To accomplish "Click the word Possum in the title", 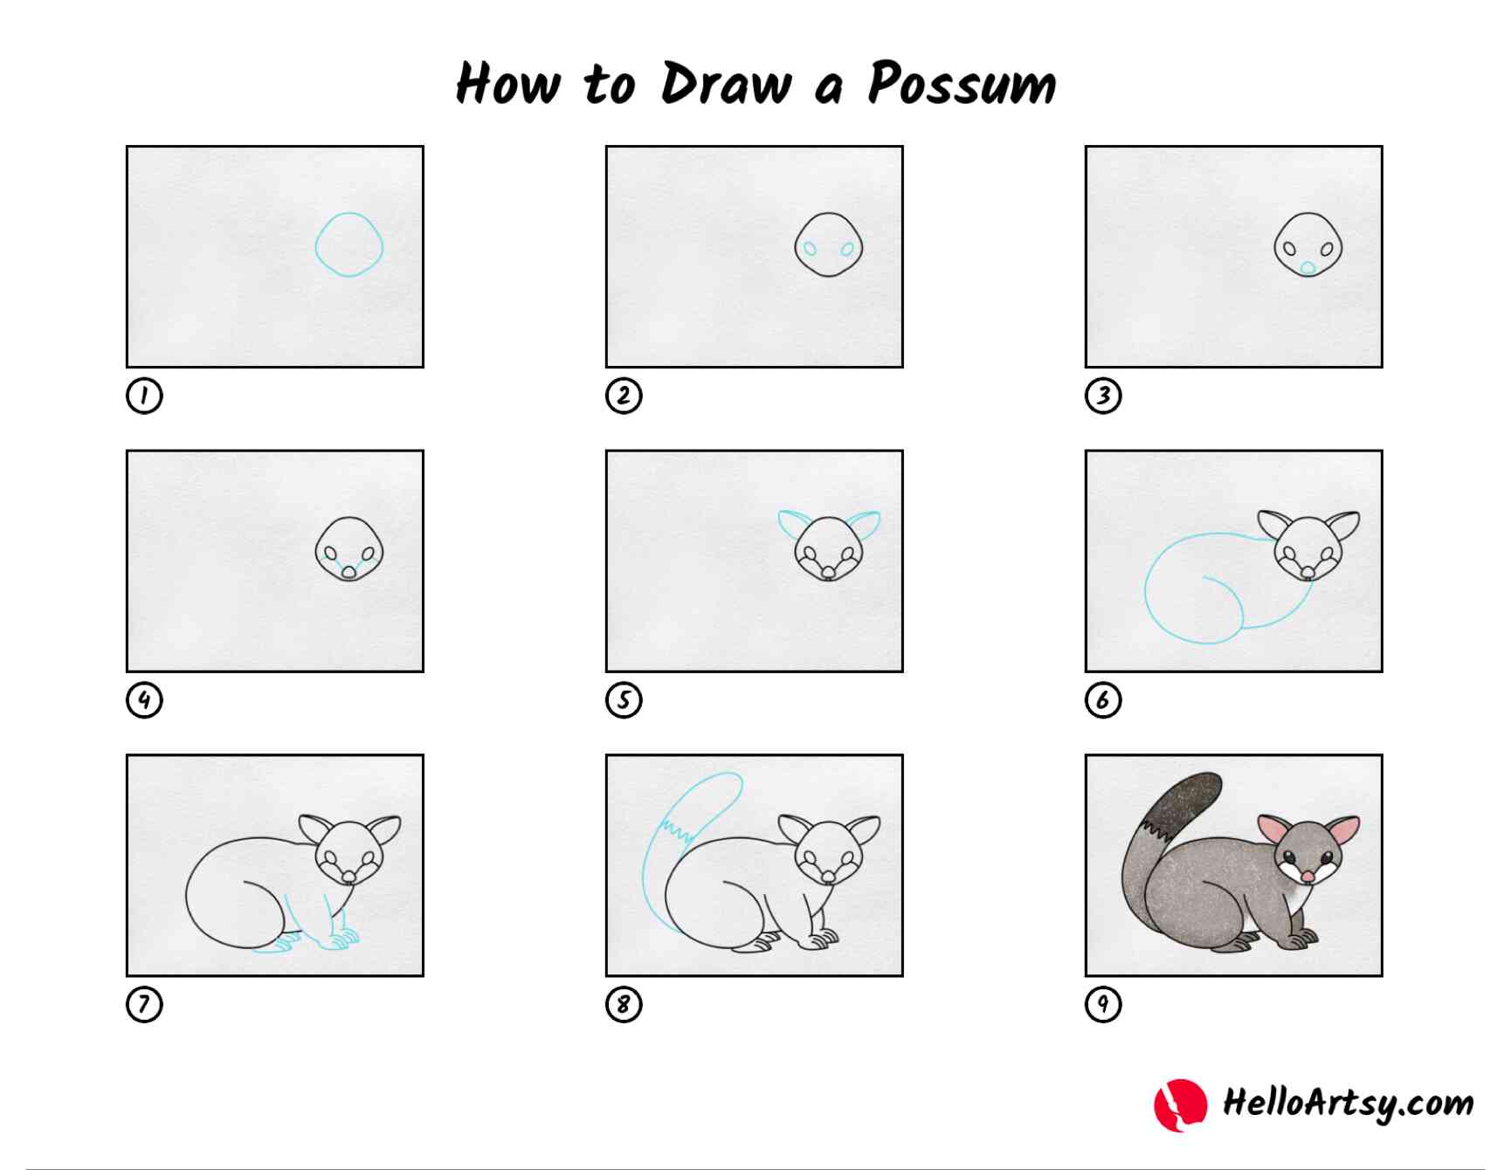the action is click(x=962, y=84).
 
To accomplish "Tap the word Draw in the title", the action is click(x=726, y=84).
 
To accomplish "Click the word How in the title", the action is click(x=507, y=84).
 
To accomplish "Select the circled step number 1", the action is click(x=144, y=396).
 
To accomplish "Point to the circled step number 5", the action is click(x=624, y=700).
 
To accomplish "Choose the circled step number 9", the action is click(x=1103, y=1004).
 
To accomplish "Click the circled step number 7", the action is click(x=144, y=1004).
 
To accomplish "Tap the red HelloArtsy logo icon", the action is click(x=1180, y=1105).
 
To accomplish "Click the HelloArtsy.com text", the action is click(x=1348, y=1104).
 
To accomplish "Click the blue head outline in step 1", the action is click(x=316, y=246).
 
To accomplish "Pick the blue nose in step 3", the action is click(x=1307, y=268).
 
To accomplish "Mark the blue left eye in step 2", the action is click(x=811, y=250).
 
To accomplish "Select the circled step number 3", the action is click(x=1103, y=396).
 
